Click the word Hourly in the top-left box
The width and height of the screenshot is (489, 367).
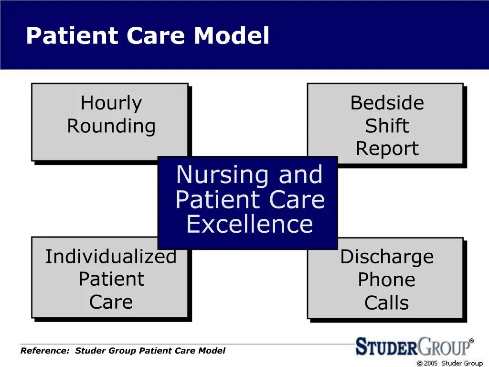tap(111, 103)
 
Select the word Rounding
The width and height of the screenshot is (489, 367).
tap(111, 127)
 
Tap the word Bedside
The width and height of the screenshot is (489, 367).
tap(387, 103)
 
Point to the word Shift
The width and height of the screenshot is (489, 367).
tap(387, 126)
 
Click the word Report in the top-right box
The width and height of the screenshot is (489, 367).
tap(387, 149)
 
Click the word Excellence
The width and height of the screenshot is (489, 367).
tap(249, 225)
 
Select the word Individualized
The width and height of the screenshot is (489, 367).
tap(111, 257)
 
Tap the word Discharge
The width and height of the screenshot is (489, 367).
tap(387, 257)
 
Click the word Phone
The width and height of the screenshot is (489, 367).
tap(387, 280)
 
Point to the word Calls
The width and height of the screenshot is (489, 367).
tap(387, 302)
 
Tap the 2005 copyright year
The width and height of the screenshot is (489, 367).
tap(431, 363)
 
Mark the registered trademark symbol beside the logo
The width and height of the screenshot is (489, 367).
tap(471, 341)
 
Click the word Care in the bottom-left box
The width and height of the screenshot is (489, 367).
tap(111, 302)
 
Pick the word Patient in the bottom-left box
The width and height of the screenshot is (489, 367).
tap(111, 279)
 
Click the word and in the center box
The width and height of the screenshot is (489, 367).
tap(300, 175)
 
